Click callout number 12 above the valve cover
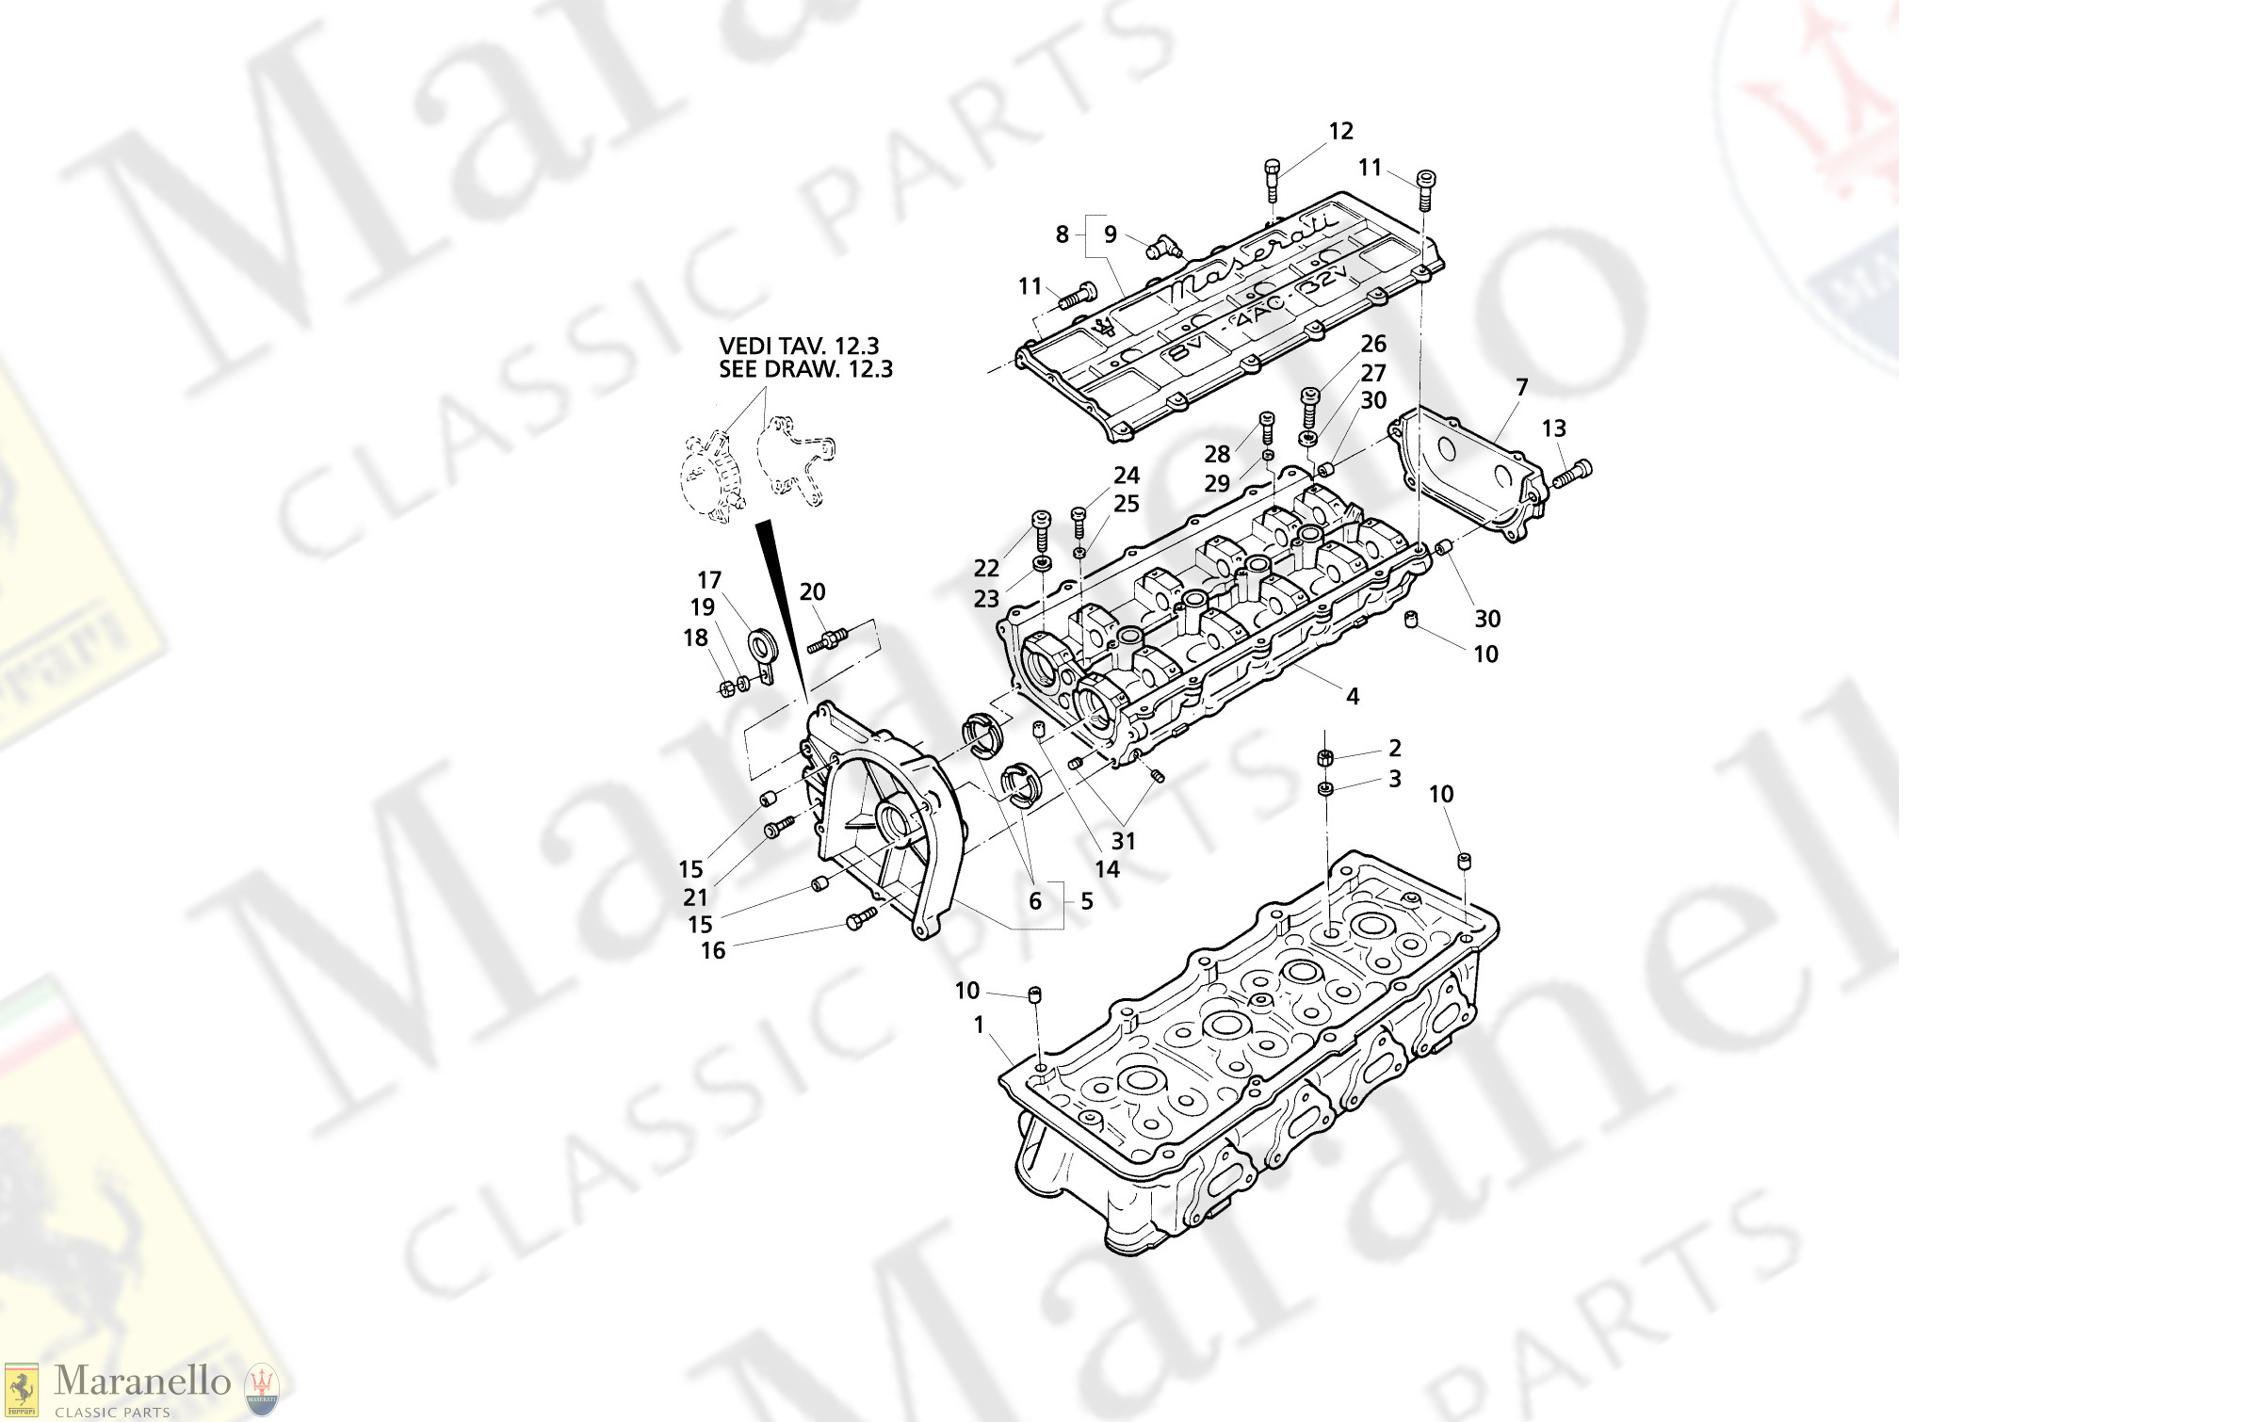[x=1340, y=131]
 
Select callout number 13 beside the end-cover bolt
[x=1553, y=428]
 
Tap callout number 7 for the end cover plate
[x=1521, y=387]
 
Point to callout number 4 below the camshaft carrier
[x=1352, y=697]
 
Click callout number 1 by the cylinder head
[x=979, y=1025]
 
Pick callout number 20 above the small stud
[x=812, y=592]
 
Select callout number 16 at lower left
[x=713, y=951]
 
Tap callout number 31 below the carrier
[x=1123, y=841]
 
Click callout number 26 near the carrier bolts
[x=1373, y=344]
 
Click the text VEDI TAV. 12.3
[x=799, y=347]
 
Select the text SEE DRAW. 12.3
[x=805, y=369]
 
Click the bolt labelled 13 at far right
[x=1570, y=474]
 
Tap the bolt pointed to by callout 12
[x=1272, y=179]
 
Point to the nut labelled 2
[x=1324, y=757]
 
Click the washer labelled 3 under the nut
[x=1324, y=788]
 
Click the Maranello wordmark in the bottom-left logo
[x=142, y=1382]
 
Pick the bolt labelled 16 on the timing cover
[x=861, y=918]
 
